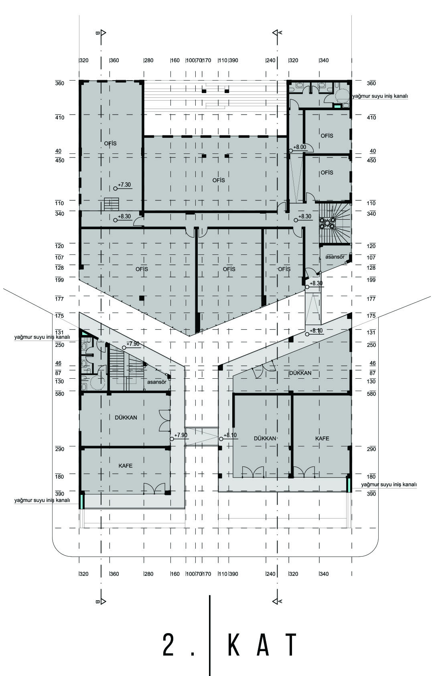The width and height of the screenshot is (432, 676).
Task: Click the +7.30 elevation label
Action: tap(124, 185)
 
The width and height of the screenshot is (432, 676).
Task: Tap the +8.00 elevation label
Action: tap(299, 147)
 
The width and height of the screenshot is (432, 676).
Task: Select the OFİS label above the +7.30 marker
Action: tap(110, 143)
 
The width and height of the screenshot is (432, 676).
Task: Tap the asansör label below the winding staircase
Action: tap(335, 257)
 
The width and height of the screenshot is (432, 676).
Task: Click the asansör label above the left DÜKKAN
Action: tap(157, 382)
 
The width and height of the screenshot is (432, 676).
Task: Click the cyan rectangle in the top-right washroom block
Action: tap(337, 106)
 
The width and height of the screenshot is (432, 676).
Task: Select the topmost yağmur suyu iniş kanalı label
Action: tap(380, 96)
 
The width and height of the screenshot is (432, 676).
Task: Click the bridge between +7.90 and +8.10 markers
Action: tap(201, 436)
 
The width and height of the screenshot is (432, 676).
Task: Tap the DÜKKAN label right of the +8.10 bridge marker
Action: tap(265, 438)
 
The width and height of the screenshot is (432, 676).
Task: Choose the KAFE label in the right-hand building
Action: tap(322, 438)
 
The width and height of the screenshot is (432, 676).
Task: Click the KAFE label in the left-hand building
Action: tap(126, 466)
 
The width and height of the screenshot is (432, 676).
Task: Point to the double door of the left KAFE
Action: tap(154, 488)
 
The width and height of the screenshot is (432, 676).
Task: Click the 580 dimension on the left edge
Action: tap(59, 393)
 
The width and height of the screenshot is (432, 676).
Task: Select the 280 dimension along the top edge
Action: tap(149, 61)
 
